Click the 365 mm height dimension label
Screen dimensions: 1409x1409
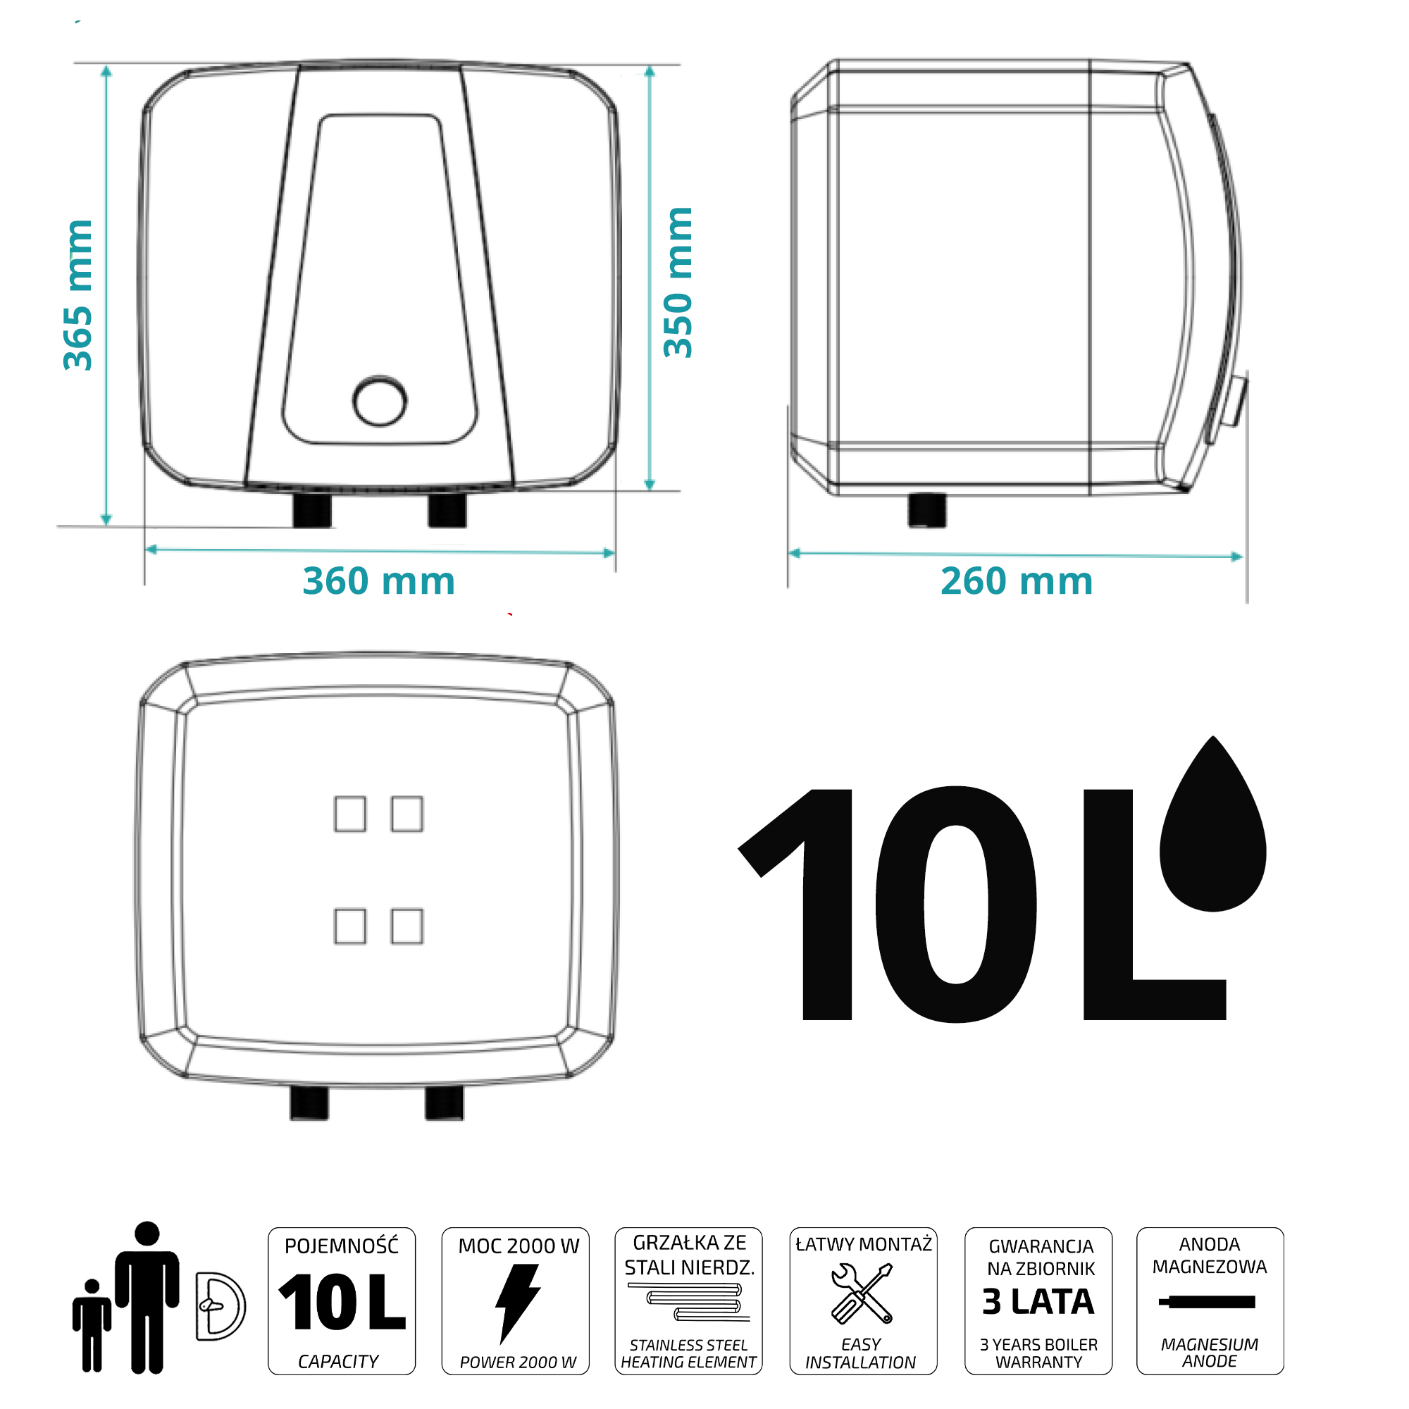point(78,295)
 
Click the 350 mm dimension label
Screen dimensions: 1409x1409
point(678,283)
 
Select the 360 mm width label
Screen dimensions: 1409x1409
point(378,581)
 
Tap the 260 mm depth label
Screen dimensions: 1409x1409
point(1017,581)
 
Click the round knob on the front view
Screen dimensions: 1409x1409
point(380,400)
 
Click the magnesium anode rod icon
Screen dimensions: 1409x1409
point(1207,1302)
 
